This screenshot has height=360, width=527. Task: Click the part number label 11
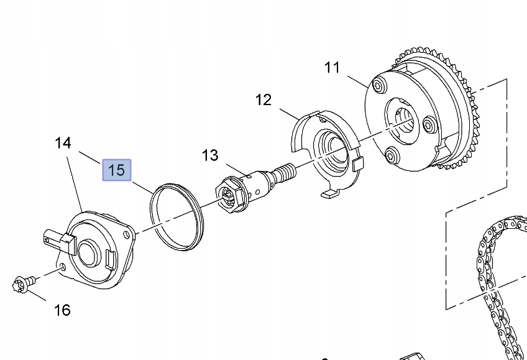[x=332, y=67]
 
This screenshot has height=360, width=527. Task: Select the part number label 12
[x=263, y=99]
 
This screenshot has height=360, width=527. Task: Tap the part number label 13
[x=210, y=155]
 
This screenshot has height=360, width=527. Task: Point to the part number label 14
[x=63, y=143]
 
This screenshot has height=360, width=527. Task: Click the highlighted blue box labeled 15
[x=117, y=169]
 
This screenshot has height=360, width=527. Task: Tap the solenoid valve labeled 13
[x=252, y=185]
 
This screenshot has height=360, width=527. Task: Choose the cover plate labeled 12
[x=326, y=152]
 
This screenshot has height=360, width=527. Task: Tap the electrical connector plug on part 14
[x=54, y=239]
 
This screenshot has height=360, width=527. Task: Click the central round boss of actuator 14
[x=85, y=251]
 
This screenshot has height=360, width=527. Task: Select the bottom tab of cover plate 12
[x=329, y=195]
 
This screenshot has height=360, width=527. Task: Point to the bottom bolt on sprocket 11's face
[x=391, y=155]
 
